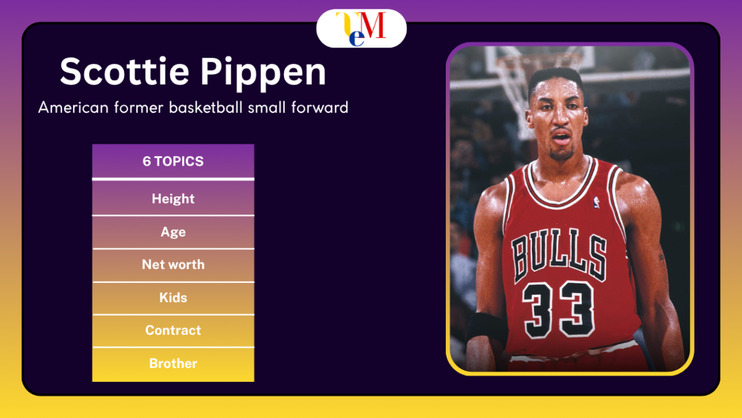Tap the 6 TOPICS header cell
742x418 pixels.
coord(173,161)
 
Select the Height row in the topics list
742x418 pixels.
coord(173,199)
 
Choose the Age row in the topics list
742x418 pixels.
coord(173,232)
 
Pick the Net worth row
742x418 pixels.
coord(173,265)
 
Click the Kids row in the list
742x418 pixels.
coord(173,297)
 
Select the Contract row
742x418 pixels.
coord(173,330)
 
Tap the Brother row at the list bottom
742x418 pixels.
coord(173,363)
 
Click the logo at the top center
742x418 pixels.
coord(361,29)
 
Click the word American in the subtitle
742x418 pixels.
coord(70,107)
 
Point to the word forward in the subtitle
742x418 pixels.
coord(320,107)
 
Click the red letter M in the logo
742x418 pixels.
coord(374,25)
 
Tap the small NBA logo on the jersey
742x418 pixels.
coord(596,202)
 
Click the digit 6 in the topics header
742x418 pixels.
coord(146,161)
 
